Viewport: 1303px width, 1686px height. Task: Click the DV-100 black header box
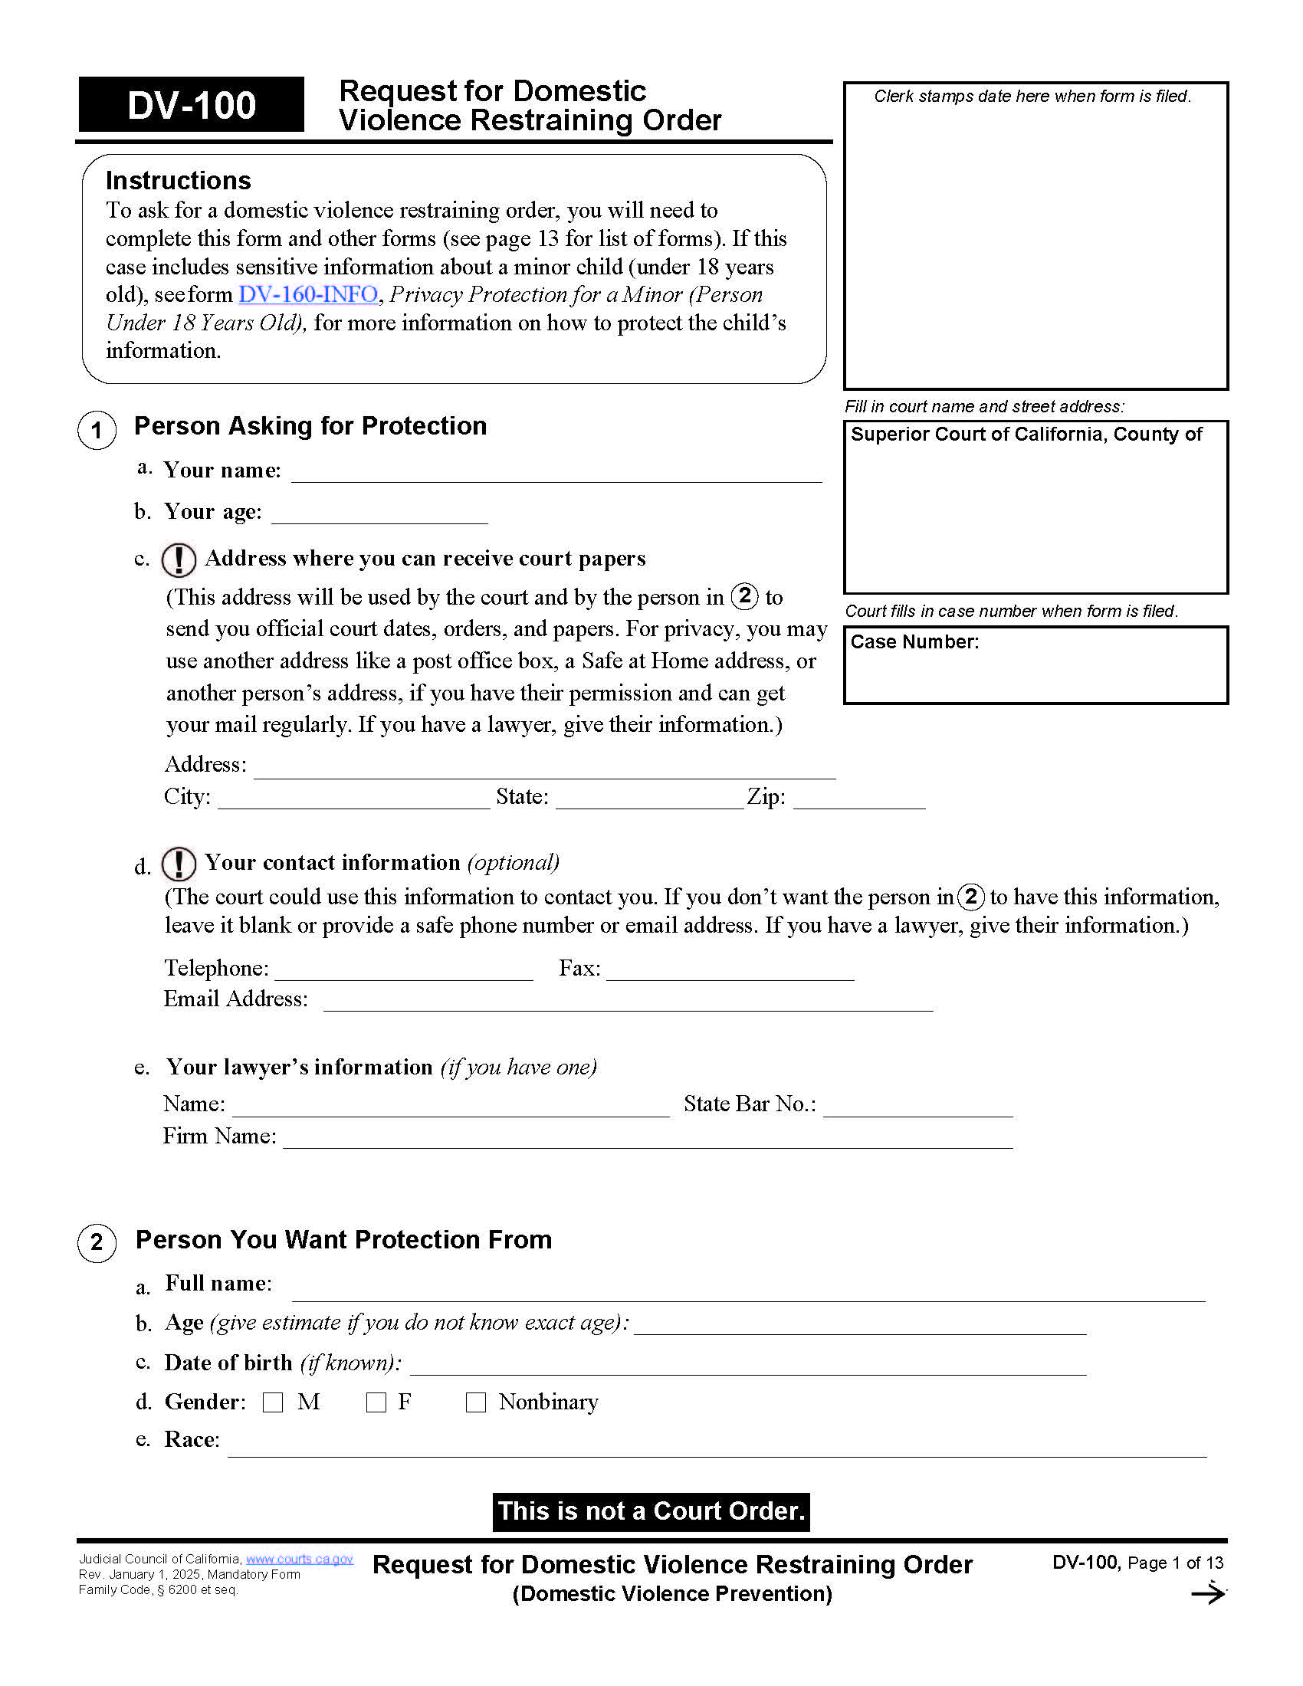(191, 105)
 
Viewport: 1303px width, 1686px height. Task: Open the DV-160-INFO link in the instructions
(308, 294)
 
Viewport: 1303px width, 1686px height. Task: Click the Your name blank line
(556, 471)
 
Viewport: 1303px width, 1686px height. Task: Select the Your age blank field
(379, 513)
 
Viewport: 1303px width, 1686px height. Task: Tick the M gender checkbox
(273, 1402)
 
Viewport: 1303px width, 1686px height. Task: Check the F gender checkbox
(376, 1402)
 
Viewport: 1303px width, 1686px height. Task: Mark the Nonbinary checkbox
(475, 1402)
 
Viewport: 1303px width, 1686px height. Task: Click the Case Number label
(914, 642)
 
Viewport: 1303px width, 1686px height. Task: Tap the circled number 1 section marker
(97, 430)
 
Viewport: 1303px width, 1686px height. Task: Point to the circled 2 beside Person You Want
(97, 1242)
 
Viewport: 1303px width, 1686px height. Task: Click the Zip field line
(858, 799)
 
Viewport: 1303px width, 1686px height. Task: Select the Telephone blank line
(404, 970)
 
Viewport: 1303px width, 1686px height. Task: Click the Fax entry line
(730, 970)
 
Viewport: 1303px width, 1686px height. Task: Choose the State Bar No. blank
(917, 1106)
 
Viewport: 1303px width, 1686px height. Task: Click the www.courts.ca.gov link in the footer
(300, 1559)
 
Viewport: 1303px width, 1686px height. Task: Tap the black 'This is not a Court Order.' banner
(651, 1511)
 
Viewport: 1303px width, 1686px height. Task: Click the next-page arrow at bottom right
(1207, 1593)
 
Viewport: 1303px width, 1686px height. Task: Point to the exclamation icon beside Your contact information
(179, 864)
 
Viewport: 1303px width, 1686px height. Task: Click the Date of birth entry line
(747, 1365)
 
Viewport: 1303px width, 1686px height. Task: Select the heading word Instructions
(179, 181)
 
